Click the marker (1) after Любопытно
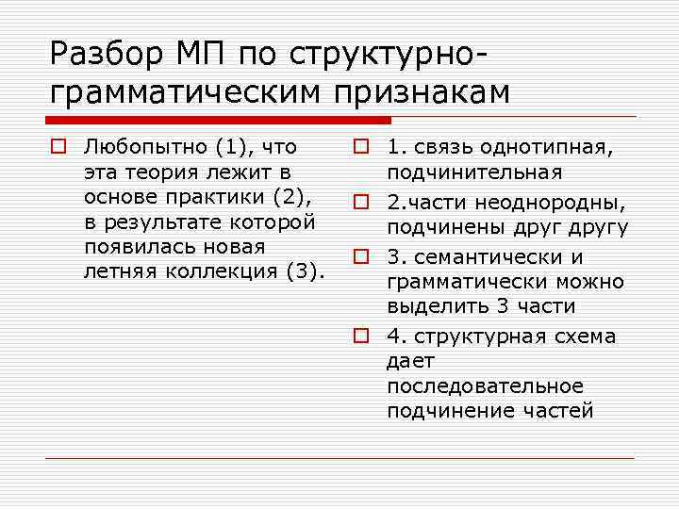[230, 147]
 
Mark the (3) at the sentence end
[303, 272]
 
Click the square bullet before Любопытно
[58, 148]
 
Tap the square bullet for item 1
[360, 148]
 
